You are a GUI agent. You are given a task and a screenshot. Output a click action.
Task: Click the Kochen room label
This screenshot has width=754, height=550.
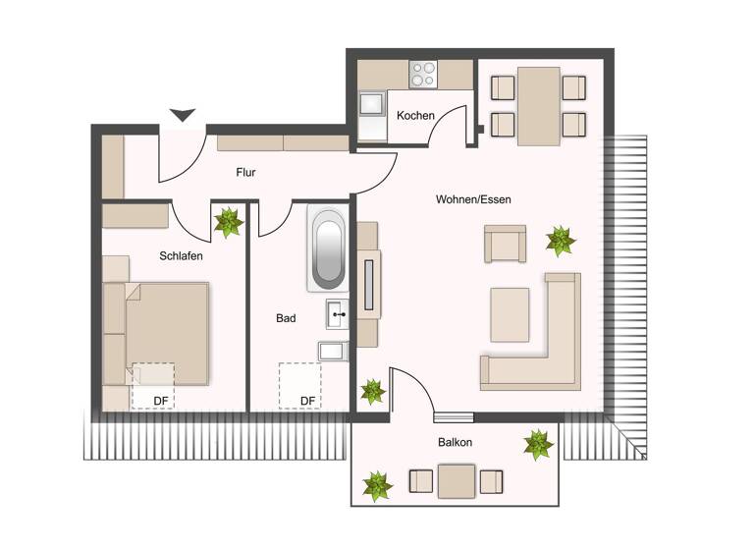click(x=415, y=116)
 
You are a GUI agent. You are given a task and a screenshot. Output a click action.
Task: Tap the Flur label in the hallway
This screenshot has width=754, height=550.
click(x=245, y=173)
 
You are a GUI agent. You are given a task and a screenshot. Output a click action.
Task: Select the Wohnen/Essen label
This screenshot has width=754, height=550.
click(x=473, y=199)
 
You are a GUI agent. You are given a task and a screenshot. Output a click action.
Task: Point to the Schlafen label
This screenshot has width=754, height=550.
click(x=181, y=256)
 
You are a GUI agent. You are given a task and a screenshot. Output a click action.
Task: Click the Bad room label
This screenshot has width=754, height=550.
click(x=286, y=318)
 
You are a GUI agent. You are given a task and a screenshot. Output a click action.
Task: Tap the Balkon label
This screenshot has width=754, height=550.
click(x=455, y=443)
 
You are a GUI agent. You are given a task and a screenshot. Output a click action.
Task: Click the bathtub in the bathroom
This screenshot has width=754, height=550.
click(x=327, y=247)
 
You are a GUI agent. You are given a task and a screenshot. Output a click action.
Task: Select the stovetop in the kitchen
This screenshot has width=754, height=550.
click(x=423, y=75)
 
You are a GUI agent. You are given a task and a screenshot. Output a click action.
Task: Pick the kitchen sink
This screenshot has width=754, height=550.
click(x=372, y=104)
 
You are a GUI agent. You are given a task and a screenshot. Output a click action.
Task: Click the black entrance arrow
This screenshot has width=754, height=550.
click(x=183, y=115)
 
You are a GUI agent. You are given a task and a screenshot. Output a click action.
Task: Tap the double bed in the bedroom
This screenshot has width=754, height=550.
click(x=162, y=332)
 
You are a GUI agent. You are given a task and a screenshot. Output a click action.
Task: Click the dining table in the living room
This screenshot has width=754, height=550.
click(x=538, y=104)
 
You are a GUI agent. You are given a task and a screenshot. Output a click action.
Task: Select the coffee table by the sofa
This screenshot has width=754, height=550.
click(x=510, y=313)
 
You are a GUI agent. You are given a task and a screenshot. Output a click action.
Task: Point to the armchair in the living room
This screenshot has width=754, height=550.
click(x=505, y=244)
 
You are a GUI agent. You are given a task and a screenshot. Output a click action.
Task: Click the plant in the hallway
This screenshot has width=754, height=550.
click(x=229, y=222)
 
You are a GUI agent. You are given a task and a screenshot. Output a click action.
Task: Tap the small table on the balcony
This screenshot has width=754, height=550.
click(x=457, y=481)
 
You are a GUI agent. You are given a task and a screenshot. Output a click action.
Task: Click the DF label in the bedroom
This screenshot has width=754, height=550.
click(x=161, y=400)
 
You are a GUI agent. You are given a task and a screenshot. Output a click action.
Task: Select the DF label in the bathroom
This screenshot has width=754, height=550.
click(x=307, y=400)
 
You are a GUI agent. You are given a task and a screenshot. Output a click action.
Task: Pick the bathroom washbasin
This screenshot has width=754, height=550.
click(x=337, y=315)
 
